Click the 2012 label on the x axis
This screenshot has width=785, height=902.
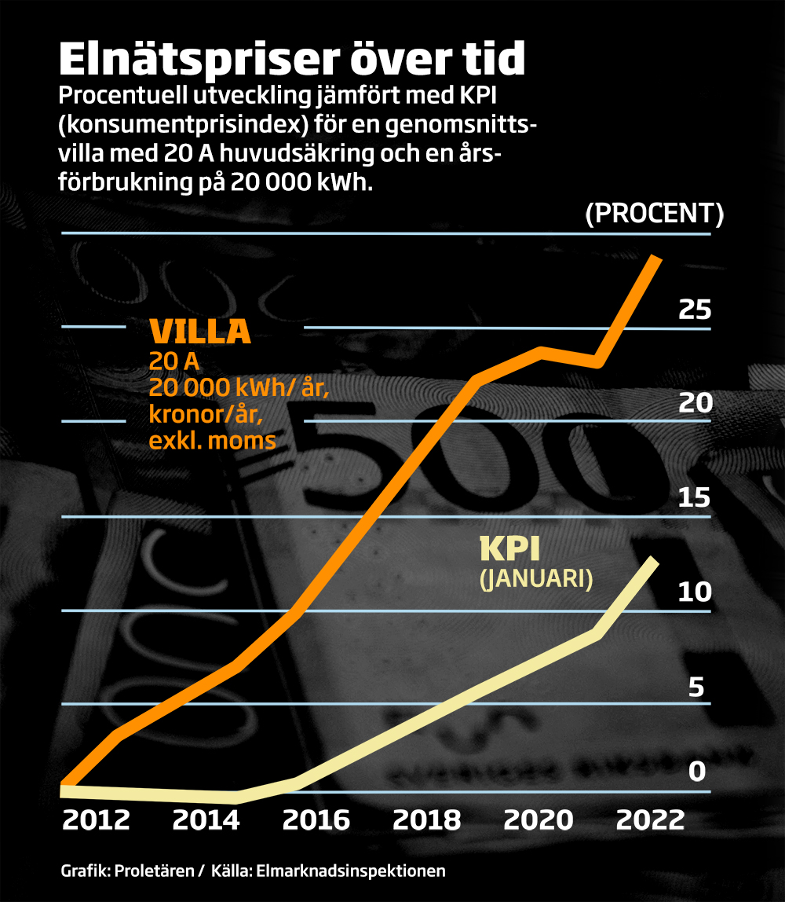tap(96, 821)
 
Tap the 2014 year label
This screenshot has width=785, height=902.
tap(206, 821)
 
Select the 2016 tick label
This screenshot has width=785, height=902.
tap(316, 821)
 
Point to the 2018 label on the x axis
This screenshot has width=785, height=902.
tap(427, 821)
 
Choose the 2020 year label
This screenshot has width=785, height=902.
tap(539, 821)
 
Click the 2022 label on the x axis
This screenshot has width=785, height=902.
tap(650, 821)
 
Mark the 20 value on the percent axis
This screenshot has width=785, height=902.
tap(695, 404)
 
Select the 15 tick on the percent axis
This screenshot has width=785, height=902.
tap(695, 498)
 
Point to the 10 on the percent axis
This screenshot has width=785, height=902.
tap(695, 592)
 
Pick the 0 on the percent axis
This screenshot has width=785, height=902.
tap(697, 772)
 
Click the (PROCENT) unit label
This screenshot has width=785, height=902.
tap(655, 214)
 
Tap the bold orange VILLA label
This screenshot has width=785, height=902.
tap(200, 332)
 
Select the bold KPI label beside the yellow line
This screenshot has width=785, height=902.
tap(509, 548)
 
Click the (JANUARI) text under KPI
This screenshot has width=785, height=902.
tap(535, 579)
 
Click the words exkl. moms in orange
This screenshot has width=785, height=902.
tap(212, 441)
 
